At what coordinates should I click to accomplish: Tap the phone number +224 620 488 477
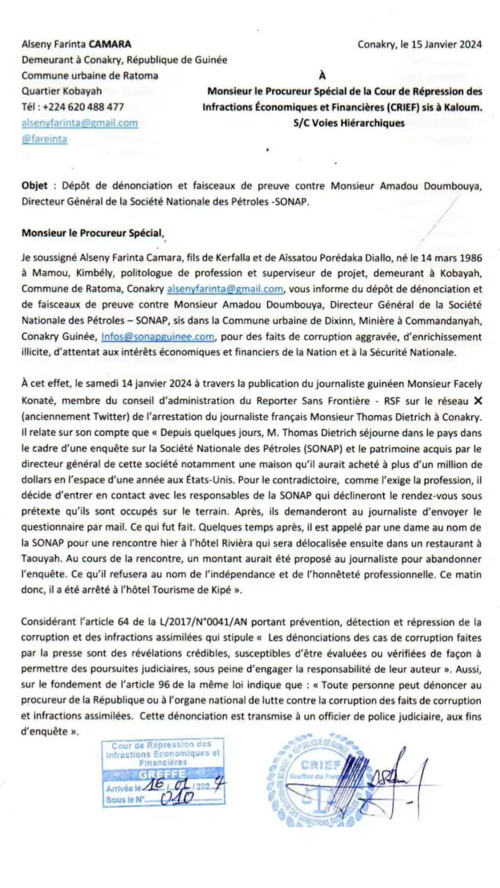83,107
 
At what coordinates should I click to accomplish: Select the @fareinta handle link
44,139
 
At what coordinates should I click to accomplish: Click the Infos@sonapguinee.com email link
158,337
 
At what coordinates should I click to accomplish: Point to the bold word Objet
35,186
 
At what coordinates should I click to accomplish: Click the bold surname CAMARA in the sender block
110,44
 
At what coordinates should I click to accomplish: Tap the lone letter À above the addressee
322,75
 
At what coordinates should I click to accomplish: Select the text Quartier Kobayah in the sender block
62,91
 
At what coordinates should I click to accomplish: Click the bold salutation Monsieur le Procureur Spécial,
93,233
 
